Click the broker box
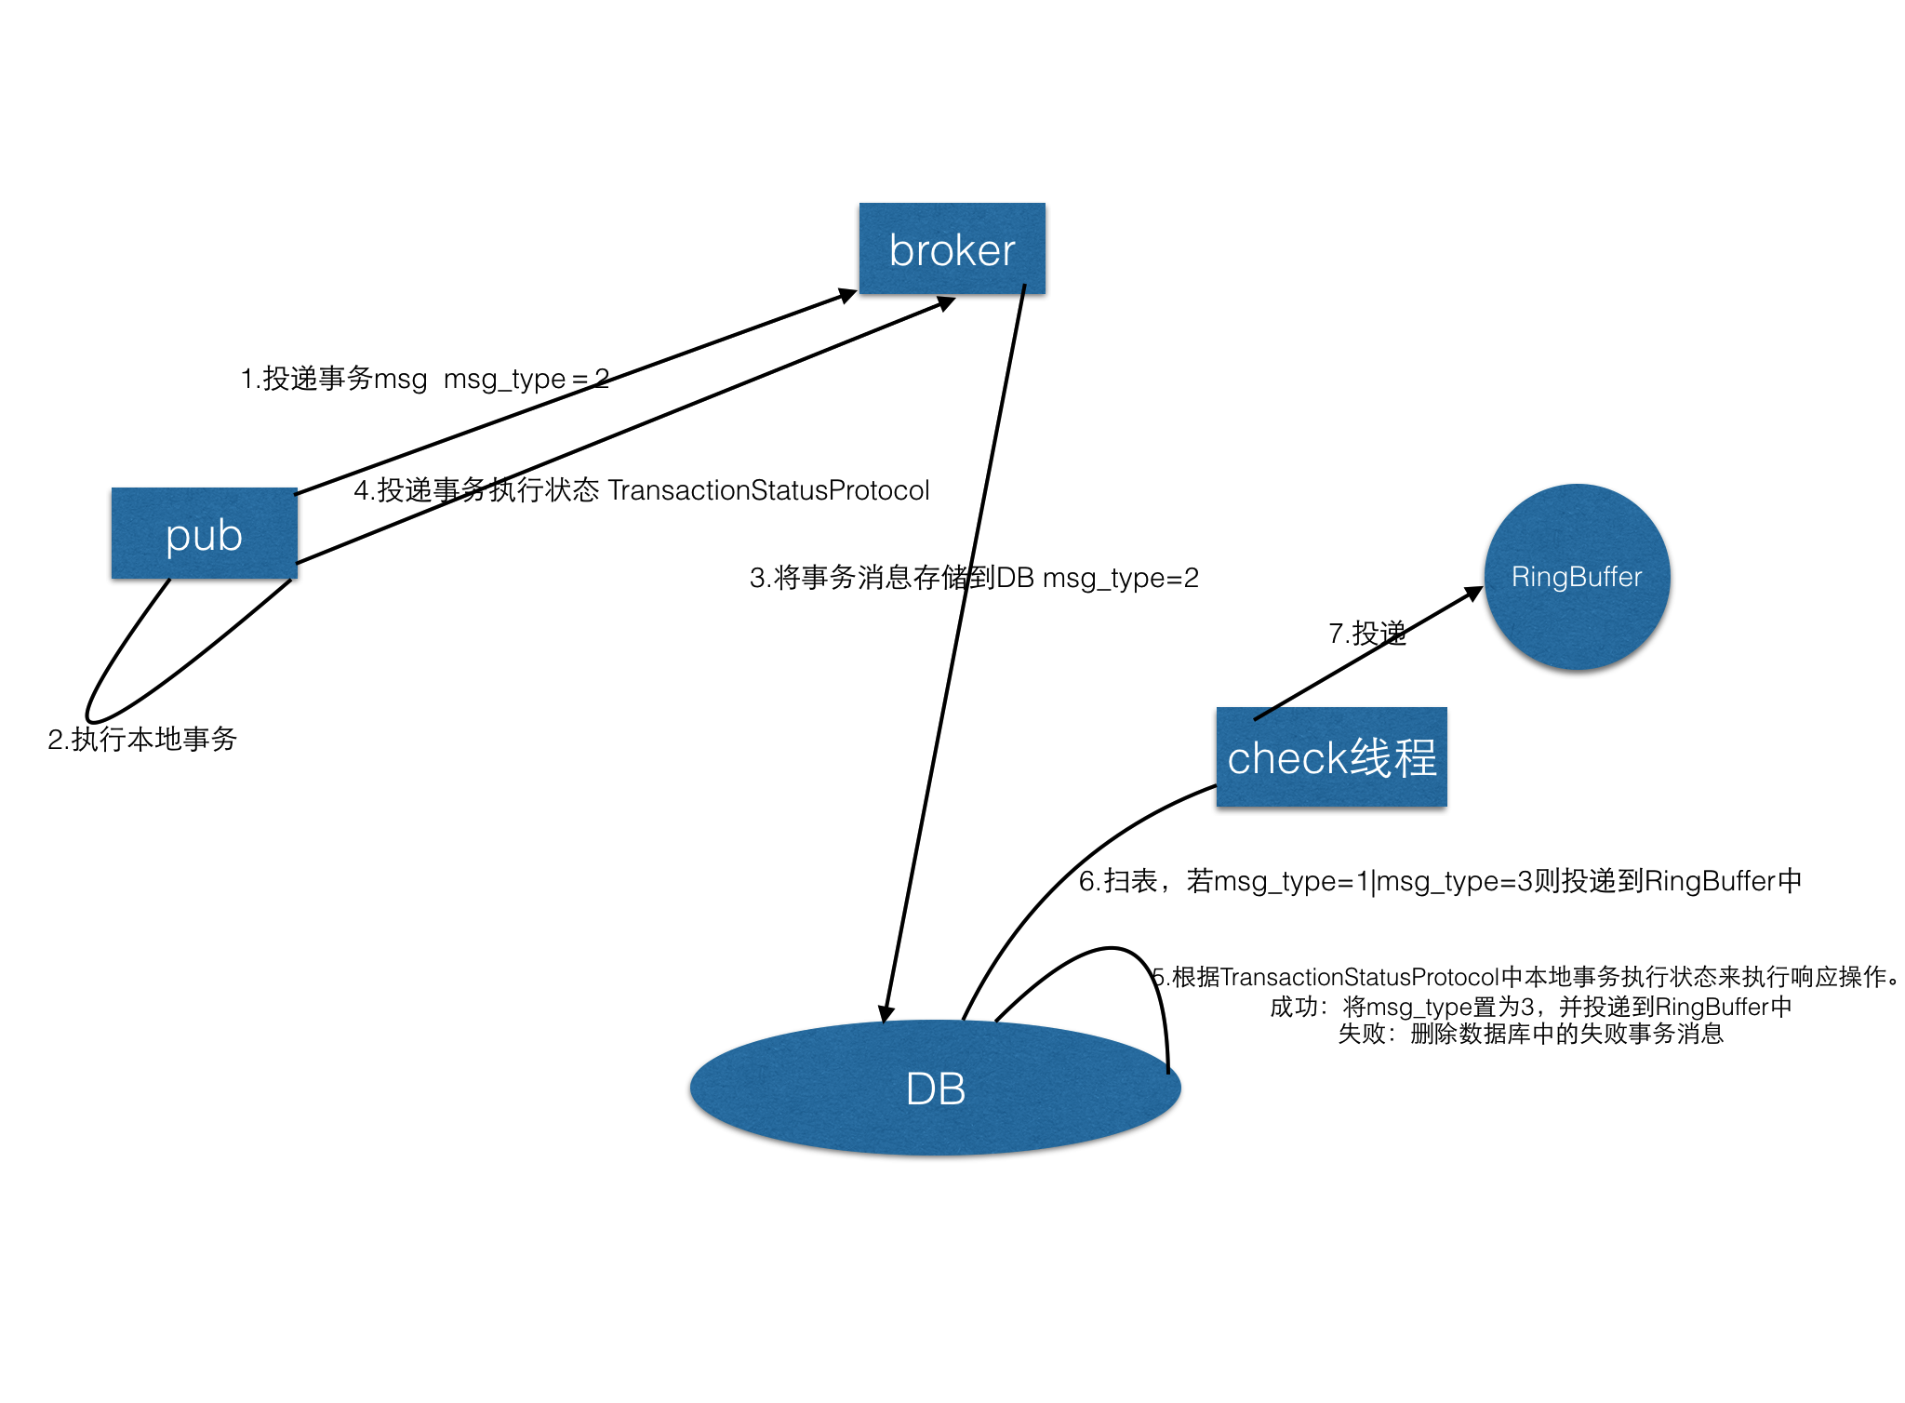[952, 248]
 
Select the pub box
[204, 533]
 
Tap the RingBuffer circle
[1577, 576]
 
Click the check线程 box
[1331, 756]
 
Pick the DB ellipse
[935, 1088]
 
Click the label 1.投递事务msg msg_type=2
[424, 379]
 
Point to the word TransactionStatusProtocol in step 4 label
[768, 490]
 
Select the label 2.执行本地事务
[142, 740]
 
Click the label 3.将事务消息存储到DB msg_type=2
[974, 578]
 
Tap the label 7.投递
[1366, 634]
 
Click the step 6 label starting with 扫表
[1440, 880]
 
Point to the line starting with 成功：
[1530, 1007]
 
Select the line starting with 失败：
[1530, 1034]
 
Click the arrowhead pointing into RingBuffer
[1473, 593]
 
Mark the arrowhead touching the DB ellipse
[886, 1014]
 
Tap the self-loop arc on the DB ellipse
[1116, 949]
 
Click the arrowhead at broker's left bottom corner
[846, 296]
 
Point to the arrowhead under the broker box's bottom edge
[945, 302]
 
